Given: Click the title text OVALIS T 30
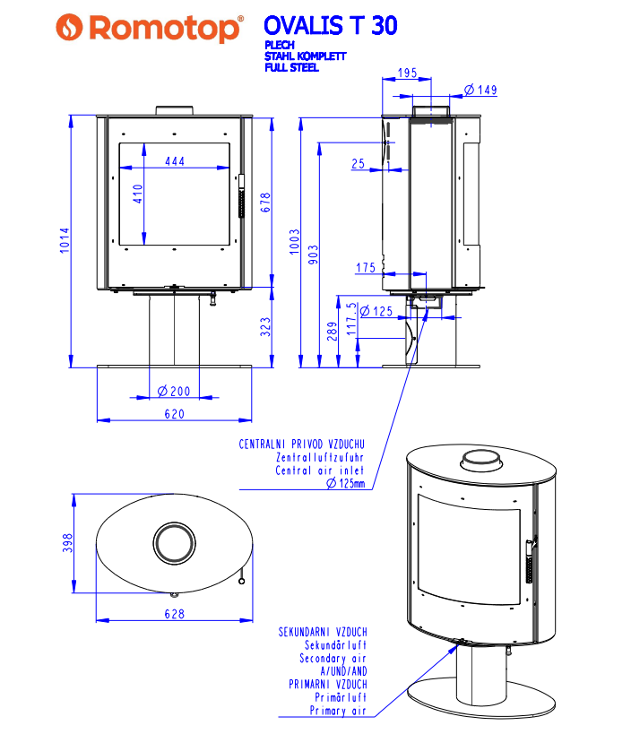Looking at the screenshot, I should pos(330,25).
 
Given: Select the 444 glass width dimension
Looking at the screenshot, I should pos(175,161).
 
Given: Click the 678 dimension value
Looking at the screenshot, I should pos(264,203).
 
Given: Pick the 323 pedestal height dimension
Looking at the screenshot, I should pos(264,326).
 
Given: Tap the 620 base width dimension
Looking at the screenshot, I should pos(174,414).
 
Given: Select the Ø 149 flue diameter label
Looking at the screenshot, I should pos(481,90).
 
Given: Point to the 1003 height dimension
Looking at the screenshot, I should pos(295,240).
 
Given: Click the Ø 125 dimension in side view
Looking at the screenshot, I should pos(377,312).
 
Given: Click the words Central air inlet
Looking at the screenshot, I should pos(320,471).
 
